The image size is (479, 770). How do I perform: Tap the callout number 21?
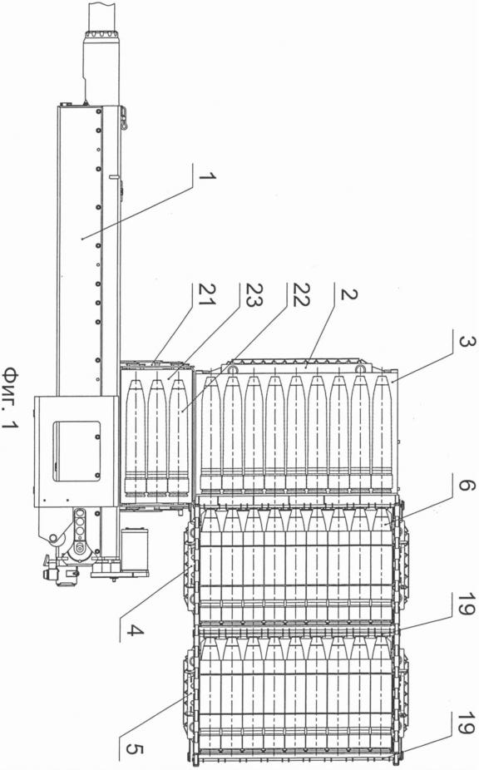[x=206, y=294]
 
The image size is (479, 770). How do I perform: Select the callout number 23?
[x=253, y=294]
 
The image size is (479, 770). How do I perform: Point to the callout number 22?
[x=300, y=294]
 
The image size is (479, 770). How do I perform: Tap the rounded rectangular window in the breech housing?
[x=77, y=451]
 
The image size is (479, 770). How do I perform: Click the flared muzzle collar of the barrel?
[x=101, y=36]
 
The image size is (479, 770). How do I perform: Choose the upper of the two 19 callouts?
[x=465, y=604]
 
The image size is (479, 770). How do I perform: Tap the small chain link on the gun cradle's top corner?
[x=124, y=120]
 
